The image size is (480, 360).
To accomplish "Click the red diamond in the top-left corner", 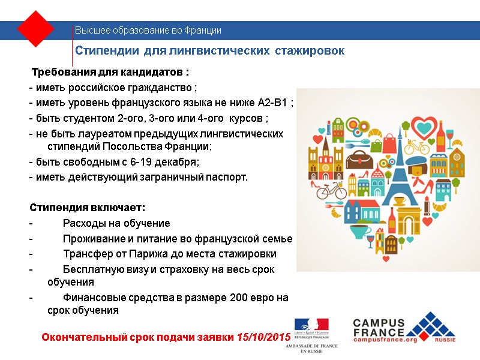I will [36, 28].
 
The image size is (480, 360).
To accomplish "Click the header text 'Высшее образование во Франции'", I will [148, 30].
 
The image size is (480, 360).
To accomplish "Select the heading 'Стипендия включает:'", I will [88, 208].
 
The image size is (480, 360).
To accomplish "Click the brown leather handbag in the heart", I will [360, 158].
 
